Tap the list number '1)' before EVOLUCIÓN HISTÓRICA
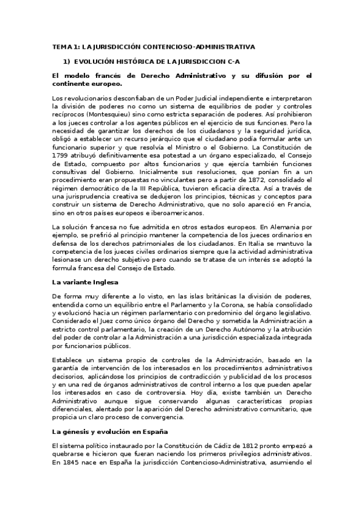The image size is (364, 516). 67,61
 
